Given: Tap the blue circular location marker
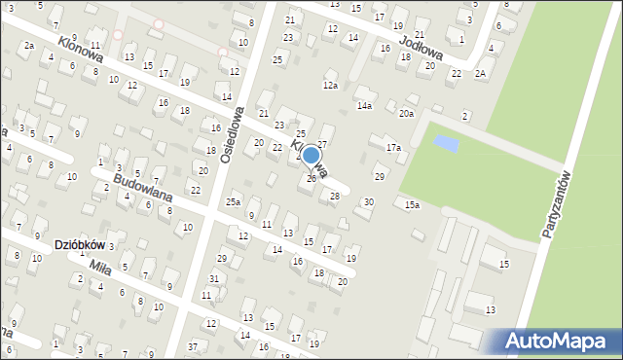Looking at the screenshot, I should (x=311, y=155).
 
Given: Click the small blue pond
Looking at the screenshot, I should (x=446, y=144).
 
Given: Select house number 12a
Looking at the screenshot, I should (x=331, y=87).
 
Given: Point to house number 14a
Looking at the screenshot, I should (x=364, y=105).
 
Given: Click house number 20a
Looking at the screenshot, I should (x=406, y=114).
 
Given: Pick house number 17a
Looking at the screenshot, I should (x=392, y=148).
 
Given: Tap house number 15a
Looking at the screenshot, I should (x=413, y=204).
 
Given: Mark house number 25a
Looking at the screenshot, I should (x=234, y=201).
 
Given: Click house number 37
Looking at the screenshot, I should (x=193, y=346).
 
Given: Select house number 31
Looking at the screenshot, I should (x=213, y=279).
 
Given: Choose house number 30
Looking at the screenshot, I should (x=367, y=201).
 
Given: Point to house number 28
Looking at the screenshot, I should (x=335, y=197).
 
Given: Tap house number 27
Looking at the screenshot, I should (x=322, y=144).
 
